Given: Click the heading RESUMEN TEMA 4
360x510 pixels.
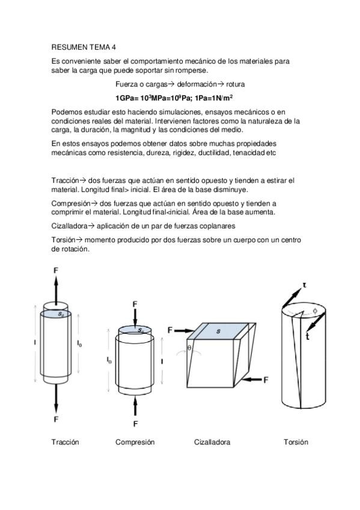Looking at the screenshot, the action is [x=84, y=47].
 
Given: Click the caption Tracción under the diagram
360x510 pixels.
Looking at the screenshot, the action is [x=65, y=442].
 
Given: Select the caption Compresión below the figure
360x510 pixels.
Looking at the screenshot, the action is [x=135, y=442].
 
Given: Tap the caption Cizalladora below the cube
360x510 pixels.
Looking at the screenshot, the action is [x=212, y=442].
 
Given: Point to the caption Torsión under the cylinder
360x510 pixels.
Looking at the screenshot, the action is [x=296, y=442].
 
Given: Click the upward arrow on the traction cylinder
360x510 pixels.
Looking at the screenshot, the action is [x=56, y=290].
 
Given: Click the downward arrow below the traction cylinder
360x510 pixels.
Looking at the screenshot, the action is [x=56, y=399].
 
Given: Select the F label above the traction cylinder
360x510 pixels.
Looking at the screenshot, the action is [x=56, y=270].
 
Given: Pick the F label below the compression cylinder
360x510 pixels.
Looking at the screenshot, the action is [x=135, y=423].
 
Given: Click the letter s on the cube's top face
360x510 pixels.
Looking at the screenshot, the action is [x=218, y=331].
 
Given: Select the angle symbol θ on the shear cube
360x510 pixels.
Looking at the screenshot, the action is [x=190, y=348].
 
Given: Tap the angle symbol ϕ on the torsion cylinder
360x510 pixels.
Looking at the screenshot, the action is [x=315, y=311].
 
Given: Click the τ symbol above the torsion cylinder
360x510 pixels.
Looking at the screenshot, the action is [x=305, y=285].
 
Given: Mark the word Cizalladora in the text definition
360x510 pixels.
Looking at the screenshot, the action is [x=70, y=226].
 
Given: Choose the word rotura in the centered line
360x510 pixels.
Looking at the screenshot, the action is [x=235, y=85].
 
